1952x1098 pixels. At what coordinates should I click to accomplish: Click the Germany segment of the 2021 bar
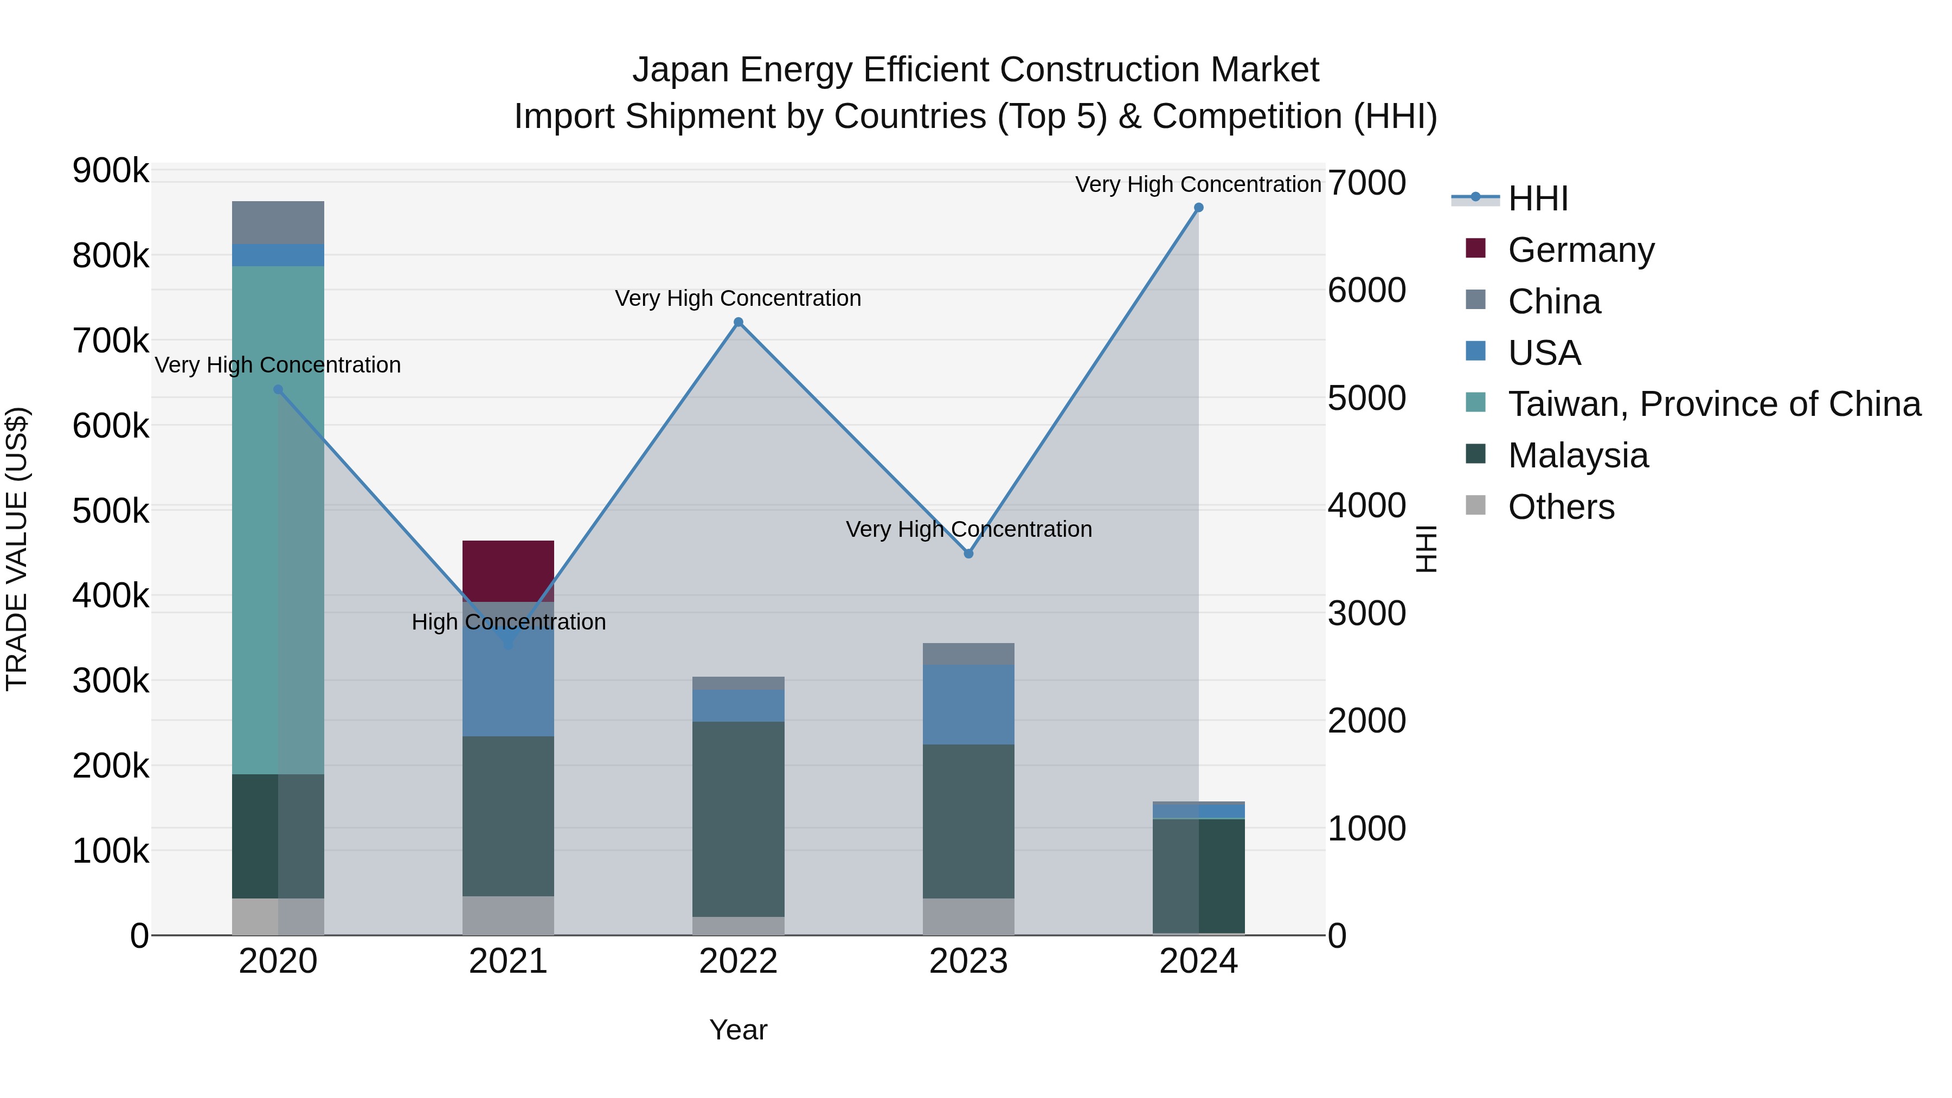click(x=508, y=570)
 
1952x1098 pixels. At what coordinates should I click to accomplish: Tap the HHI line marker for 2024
click(x=1198, y=208)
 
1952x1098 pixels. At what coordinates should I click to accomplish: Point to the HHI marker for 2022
click(x=738, y=322)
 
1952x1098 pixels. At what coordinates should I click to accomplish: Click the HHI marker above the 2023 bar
click(x=968, y=554)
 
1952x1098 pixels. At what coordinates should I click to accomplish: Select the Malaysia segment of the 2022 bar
click(x=738, y=818)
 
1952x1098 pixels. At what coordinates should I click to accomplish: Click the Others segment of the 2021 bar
click(x=508, y=915)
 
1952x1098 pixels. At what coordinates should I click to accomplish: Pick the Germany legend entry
click(x=1581, y=250)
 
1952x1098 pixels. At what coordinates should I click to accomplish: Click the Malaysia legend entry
click(x=1578, y=455)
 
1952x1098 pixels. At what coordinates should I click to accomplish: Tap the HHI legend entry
click(x=1538, y=198)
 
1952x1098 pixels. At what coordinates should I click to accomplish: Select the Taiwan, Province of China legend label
click(x=1714, y=404)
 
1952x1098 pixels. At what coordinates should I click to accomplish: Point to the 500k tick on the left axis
click(x=111, y=511)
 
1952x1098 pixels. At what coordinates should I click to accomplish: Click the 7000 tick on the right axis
click(x=1366, y=183)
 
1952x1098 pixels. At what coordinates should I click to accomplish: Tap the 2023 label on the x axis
click(x=968, y=961)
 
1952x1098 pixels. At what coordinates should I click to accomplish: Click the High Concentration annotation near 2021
click(x=509, y=621)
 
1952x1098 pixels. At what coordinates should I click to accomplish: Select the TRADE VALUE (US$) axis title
click(x=17, y=549)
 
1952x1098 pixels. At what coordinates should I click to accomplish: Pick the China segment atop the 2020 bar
click(x=277, y=223)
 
